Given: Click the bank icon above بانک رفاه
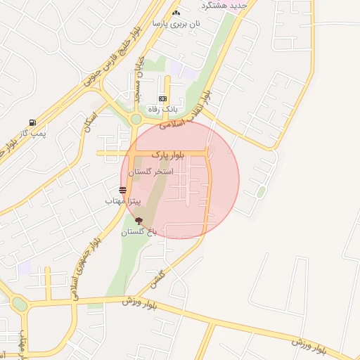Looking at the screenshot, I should [x=163, y=99].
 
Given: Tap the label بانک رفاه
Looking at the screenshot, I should [x=162, y=110].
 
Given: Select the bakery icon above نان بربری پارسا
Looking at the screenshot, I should [x=176, y=13].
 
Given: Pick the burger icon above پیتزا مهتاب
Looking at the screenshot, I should [x=123, y=190].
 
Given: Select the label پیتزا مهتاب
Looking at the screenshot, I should [x=124, y=201].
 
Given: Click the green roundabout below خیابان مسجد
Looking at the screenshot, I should [x=136, y=119].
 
